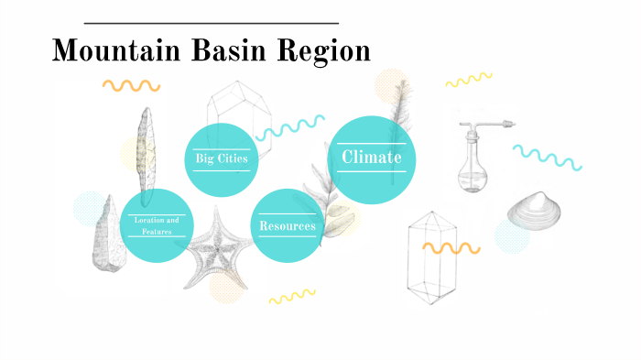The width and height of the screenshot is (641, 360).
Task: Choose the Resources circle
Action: pos(287,225)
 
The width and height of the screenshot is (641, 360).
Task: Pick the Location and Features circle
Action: pos(156,225)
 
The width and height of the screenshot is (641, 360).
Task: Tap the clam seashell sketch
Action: pos(535,213)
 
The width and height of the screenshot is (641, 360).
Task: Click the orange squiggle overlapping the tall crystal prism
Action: pos(451,247)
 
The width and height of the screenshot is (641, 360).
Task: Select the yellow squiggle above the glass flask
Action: pos(469,81)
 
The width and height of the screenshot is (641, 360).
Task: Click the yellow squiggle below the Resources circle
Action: pos(291,297)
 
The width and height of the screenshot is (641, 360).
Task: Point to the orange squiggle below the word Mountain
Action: pos(131,85)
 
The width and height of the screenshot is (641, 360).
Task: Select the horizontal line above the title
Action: pos(211,23)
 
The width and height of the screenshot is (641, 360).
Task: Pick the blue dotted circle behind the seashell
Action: pos(512,235)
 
